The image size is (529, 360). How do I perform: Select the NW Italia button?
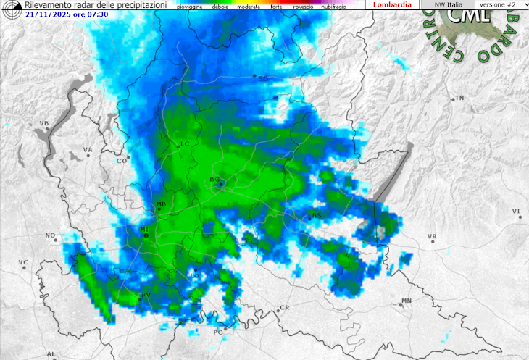pos(449,4)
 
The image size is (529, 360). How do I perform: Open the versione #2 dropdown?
pos(501,4)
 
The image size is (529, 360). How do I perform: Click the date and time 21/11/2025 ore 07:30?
pos(67,14)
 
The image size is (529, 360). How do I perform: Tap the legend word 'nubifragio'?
pos(333,7)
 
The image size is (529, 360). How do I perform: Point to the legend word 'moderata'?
pos(248,7)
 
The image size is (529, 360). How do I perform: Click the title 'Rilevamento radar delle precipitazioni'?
pos(96,5)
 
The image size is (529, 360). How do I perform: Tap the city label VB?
pos(43,124)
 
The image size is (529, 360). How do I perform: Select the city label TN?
pos(459,98)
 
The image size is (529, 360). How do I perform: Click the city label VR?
pos(432,237)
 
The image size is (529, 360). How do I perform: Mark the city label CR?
pos(284,308)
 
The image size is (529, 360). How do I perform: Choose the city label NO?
pos(50,236)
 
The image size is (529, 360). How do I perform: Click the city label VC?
pos(23,262)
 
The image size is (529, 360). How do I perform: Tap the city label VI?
pos(516,212)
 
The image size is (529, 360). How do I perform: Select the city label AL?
pos(51,353)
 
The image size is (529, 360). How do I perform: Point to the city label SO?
pos(263,78)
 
